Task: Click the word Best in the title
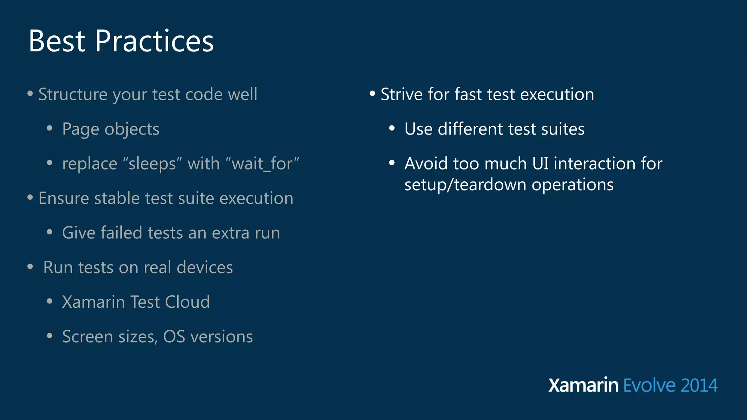click(x=57, y=41)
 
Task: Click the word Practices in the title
click(x=154, y=41)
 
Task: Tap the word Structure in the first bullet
click(x=73, y=94)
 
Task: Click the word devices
click(x=205, y=268)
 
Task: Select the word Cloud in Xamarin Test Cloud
click(x=187, y=302)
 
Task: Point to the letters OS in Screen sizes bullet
click(x=174, y=337)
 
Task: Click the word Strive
click(x=402, y=94)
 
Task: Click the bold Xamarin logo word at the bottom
click(x=583, y=385)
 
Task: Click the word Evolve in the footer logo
click(x=649, y=386)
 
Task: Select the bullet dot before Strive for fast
click(x=372, y=94)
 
